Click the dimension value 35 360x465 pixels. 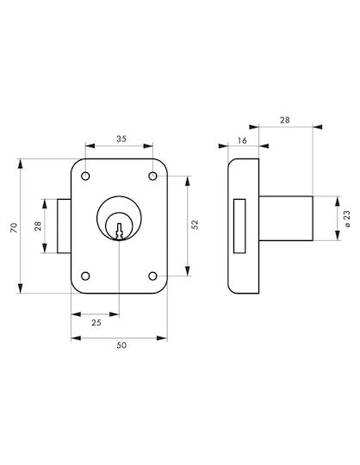click(121, 139)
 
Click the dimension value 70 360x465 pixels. click(15, 227)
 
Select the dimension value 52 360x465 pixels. click(195, 225)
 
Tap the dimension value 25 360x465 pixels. click(96, 322)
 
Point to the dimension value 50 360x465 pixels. click(121, 345)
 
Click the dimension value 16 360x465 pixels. click(242, 140)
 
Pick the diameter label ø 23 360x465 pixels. click(347, 219)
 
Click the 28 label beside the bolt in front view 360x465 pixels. click(38, 226)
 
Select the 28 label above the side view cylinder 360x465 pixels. click(285, 120)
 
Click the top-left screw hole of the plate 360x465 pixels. click(85, 177)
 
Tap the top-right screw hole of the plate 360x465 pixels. click(152, 177)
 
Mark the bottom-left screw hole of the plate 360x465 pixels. click(85, 276)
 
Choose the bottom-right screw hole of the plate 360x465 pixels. click(152, 276)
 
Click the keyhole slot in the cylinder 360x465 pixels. click(119, 231)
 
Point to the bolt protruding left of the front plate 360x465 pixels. click(64, 226)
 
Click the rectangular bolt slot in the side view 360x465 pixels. click(239, 226)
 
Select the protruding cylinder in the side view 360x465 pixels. click(286, 218)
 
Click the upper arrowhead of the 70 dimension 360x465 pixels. click(20, 164)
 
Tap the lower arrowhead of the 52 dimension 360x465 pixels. click(188, 271)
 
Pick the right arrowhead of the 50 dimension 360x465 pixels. click(162, 338)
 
